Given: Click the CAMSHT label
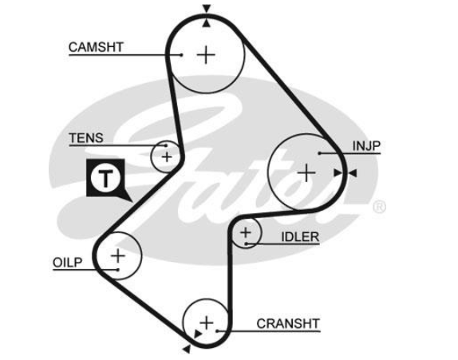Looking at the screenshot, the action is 96,47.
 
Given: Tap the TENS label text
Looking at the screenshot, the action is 86,138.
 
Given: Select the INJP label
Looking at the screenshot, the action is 366,146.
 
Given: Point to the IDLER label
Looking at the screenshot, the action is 300,237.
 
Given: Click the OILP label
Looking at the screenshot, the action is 68,263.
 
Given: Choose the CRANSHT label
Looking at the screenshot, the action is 288,323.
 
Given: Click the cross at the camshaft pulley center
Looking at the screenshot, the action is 206,54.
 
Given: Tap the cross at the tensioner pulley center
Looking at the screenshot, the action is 167,157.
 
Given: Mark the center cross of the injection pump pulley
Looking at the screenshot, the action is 306,172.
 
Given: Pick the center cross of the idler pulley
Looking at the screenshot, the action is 246,232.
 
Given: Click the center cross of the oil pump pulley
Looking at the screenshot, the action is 118,256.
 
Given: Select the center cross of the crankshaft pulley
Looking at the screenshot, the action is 207,323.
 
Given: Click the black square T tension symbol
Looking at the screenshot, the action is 106,178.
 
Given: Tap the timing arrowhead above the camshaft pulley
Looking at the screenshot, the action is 207,9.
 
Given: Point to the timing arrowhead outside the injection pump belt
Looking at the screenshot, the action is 353,173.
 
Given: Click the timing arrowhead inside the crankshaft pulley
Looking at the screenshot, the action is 198,334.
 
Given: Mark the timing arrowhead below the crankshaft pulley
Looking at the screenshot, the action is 187,349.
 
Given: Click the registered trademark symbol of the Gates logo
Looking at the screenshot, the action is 379,207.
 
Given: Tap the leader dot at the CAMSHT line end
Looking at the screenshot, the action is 182,54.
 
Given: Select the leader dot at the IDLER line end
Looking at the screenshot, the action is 247,243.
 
